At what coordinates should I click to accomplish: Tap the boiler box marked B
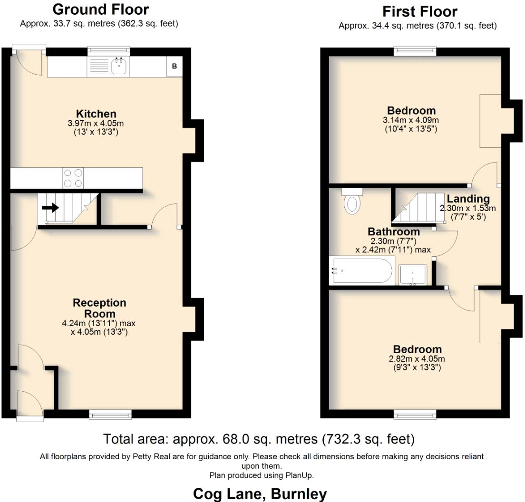click(x=174, y=67)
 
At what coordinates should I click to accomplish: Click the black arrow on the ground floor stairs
click(x=50, y=208)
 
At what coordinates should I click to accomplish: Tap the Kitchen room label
click(x=97, y=114)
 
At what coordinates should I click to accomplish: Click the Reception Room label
click(x=99, y=308)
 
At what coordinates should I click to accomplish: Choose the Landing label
click(x=467, y=199)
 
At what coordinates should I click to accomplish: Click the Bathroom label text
click(x=394, y=232)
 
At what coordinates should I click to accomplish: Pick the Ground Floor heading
click(x=100, y=10)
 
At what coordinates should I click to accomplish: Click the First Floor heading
click(x=420, y=11)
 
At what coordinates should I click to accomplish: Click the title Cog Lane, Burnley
click(x=260, y=494)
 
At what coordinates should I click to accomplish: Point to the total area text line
click(x=259, y=438)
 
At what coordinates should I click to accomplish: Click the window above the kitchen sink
click(x=109, y=49)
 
